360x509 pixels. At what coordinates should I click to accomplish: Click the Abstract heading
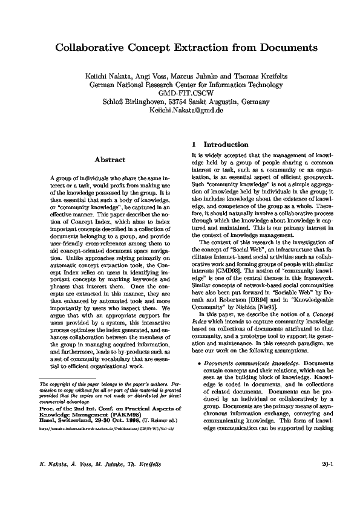pos(110,160)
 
